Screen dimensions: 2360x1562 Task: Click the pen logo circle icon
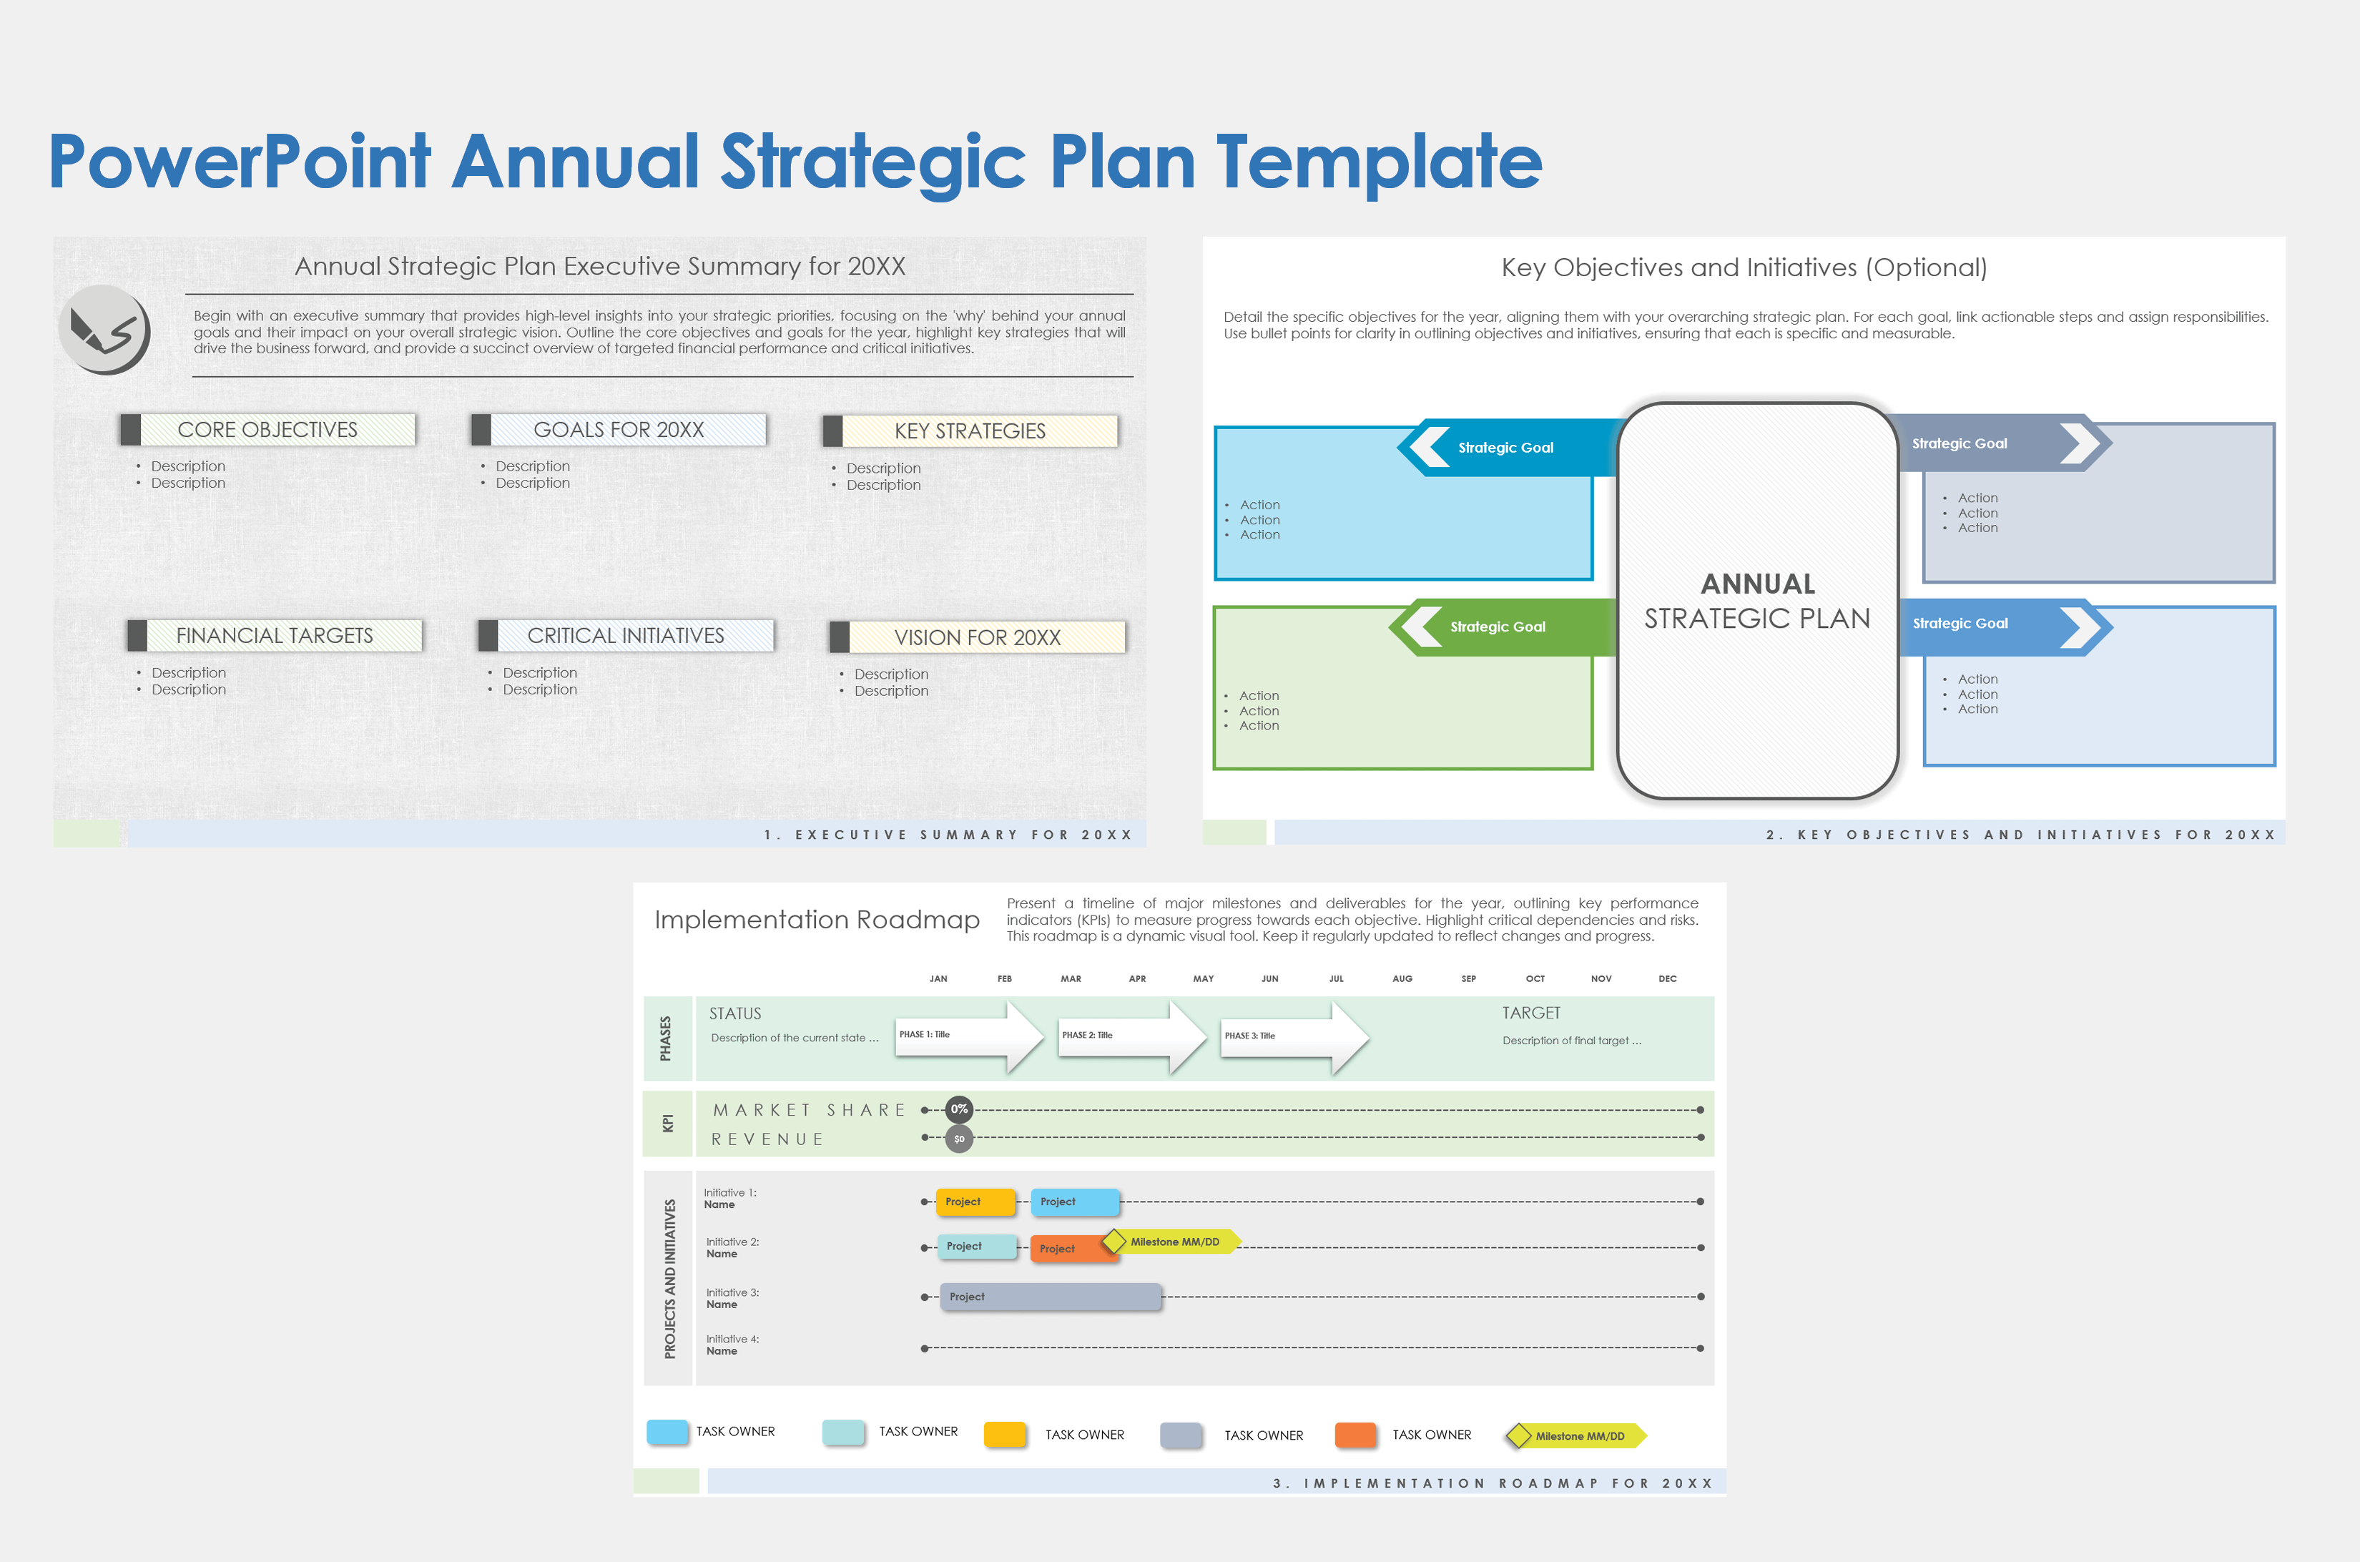[x=104, y=330]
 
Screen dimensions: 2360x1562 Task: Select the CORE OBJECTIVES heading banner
[x=267, y=429]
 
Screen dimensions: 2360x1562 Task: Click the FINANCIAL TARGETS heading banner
[x=275, y=636]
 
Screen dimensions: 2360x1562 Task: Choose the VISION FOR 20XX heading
[x=978, y=637]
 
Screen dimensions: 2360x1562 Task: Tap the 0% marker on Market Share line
[x=959, y=1109]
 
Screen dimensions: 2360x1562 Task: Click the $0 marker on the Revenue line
[x=959, y=1139]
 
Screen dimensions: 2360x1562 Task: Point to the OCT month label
[x=1535, y=978]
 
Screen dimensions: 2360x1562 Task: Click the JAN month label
[x=938, y=978]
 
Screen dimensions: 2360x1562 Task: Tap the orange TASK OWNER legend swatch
[x=1356, y=1435]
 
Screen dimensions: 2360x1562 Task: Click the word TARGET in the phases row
[x=1531, y=1013]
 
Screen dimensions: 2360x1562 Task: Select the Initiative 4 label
[x=732, y=1345]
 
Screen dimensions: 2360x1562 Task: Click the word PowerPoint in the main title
[x=239, y=162]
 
